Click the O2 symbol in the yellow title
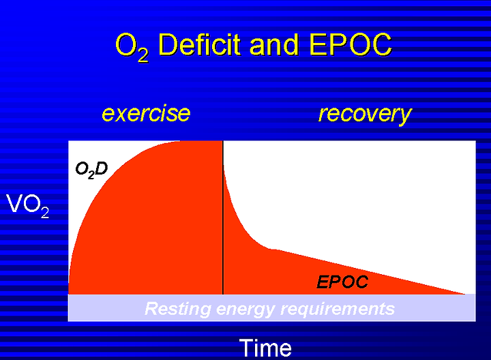pos(132,47)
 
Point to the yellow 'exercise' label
pos(146,113)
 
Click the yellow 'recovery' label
pos(365,115)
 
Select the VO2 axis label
pos(27,206)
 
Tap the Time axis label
pos(265,348)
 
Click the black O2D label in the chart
pos(91,170)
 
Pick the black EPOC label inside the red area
pos(342,282)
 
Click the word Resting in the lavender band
pos(178,309)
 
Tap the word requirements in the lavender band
pos(338,310)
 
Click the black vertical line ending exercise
pos(223,217)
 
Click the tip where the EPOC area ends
pos(465,294)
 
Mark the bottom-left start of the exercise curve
pos(69,294)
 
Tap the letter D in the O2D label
pos(101,168)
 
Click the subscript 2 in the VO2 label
pos(45,213)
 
